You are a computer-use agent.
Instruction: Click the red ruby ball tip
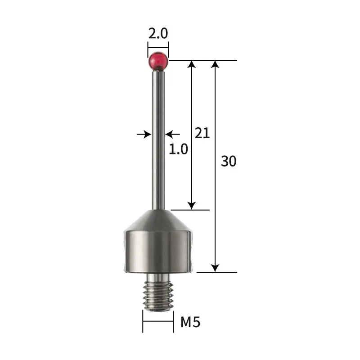158,61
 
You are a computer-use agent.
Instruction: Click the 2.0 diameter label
158,34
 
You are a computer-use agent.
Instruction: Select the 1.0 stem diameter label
178,149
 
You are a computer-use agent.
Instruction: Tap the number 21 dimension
202,133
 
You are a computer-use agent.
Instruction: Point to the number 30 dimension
229,161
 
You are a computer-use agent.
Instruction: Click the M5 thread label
190,322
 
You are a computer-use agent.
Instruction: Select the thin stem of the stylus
158,135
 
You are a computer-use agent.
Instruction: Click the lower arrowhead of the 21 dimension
192,205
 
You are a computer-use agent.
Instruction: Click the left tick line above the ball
148,48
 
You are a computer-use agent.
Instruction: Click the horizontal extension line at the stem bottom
189,210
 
